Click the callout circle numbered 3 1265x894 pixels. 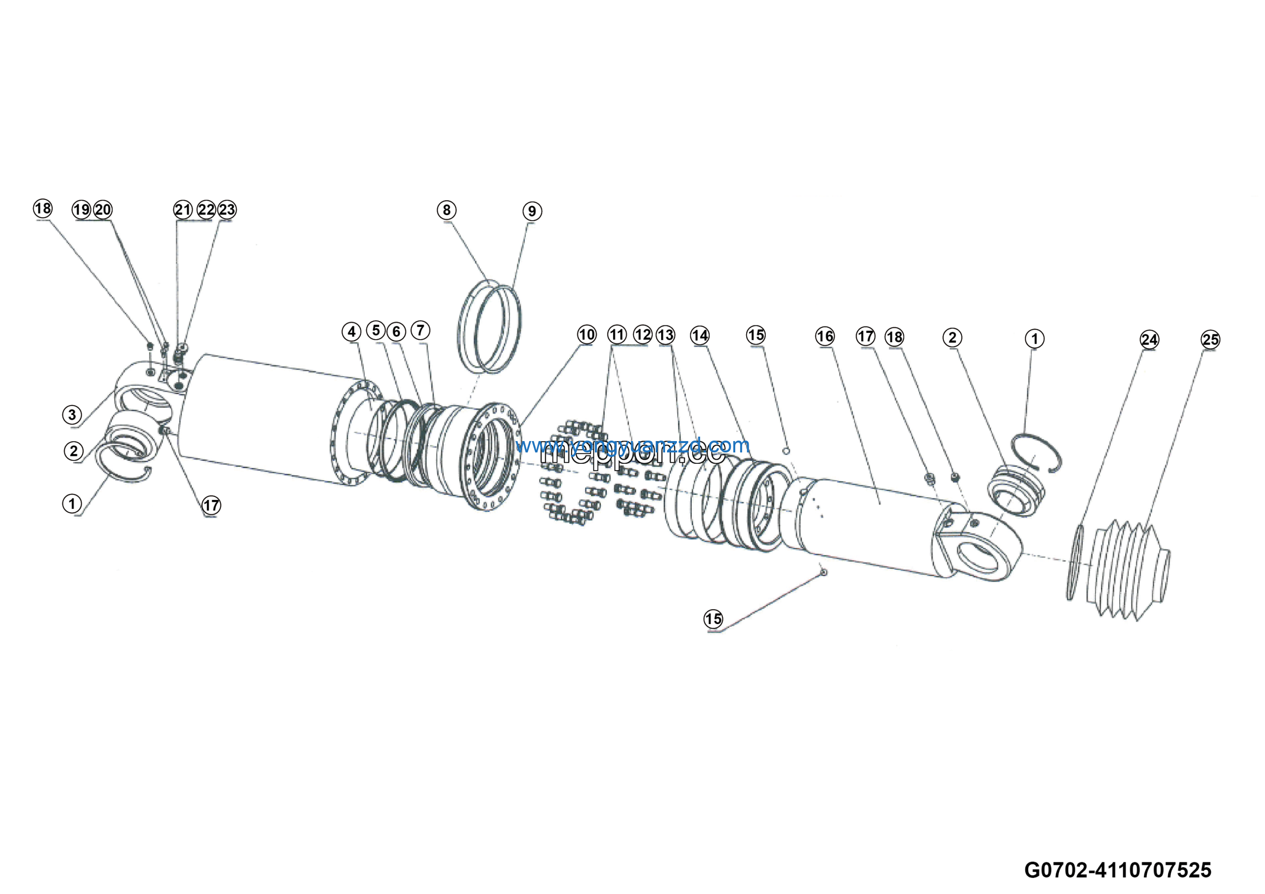(72, 414)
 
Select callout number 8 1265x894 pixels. (446, 210)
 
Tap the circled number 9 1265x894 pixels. (532, 211)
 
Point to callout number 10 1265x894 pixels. (586, 335)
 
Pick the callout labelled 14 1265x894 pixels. (700, 335)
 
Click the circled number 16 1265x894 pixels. (825, 336)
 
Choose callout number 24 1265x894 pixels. (1149, 340)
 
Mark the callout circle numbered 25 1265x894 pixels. (1211, 340)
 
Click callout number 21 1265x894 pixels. (183, 210)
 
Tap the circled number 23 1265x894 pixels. (227, 210)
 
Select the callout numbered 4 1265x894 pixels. (351, 332)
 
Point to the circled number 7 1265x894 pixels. (421, 331)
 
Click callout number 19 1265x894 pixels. (82, 210)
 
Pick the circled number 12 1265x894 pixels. (642, 335)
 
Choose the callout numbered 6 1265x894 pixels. (396, 332)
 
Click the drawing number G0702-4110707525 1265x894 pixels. (1117, 870)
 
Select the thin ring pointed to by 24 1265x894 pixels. (1076, 562)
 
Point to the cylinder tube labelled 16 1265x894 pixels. (876, 524)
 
